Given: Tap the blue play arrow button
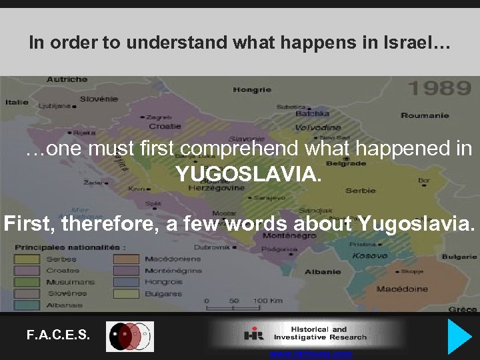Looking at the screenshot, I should coord(459,336).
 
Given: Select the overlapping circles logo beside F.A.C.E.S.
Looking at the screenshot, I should coord(130,336).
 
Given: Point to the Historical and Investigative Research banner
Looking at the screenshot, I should coord(307,333).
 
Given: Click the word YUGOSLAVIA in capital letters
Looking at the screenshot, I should coord(248,175).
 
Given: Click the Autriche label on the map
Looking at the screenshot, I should coord(67,79).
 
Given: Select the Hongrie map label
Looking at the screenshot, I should coord(252,89).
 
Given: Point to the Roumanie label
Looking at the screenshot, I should coord(425,115).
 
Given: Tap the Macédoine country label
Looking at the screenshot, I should coord(401,289).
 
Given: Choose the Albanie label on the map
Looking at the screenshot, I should coord(323,272).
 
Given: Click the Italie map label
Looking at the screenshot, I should coord(17,102).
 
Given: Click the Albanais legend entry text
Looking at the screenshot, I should coord(65,305).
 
